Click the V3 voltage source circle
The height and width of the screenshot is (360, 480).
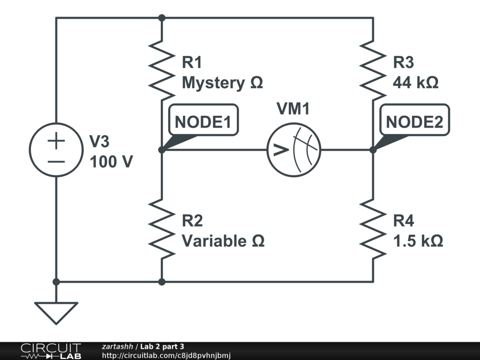[x=56, y=150]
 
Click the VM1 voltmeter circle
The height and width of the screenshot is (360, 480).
[x=293, y=150]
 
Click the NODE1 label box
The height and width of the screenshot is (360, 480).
[x=203, y=122]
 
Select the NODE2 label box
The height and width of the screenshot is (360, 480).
[x=414, y=122]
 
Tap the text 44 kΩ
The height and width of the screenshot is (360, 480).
[x=416, y=83]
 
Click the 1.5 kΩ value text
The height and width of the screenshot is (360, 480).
[x=418, y=241]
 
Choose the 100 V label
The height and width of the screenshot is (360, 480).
[x=111, y=162]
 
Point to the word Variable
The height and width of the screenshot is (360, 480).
[x=214, y=241]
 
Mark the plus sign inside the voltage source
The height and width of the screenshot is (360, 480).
[x=56, y=140]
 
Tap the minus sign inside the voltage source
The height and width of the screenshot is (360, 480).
[x=56, y=161]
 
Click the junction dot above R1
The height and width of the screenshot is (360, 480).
[x=162, y=18]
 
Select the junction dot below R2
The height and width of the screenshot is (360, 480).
[x=162, y=282]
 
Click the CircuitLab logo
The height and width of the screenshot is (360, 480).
[x=50, y=351]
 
